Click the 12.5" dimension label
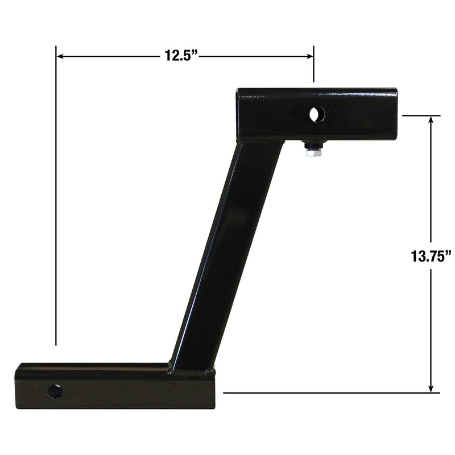(x=181, y=56)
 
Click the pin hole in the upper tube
(x=315, y=114)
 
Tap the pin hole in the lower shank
(x=55, y=391)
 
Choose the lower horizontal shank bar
(x=114, y=387)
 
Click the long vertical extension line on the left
(x=56, y=199)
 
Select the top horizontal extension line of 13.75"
(x=421, y=115)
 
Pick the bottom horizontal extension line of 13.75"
(x=330, y=392)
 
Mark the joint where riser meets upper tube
(x=259, y=141)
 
